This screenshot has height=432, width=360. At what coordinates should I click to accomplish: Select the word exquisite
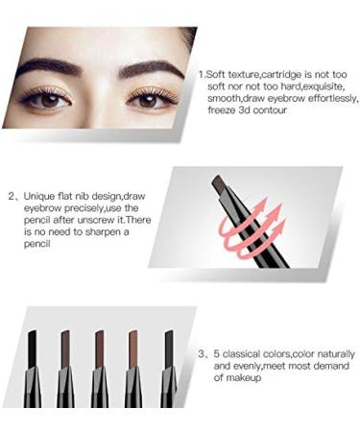pos(319,86)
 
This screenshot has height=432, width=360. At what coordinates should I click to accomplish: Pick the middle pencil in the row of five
pos(99,370)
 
